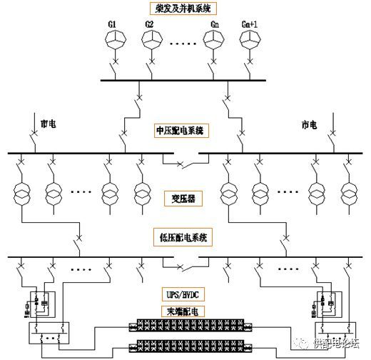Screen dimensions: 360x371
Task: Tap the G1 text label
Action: pyautogui.click(x=113, y=25)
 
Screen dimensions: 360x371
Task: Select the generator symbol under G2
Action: pyautogui.click(x=149, y=42)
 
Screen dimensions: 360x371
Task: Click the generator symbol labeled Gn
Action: pyautogui.click(x=214, y=42)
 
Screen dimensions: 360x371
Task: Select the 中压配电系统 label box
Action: pyautogui.click(x=185, y=131)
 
